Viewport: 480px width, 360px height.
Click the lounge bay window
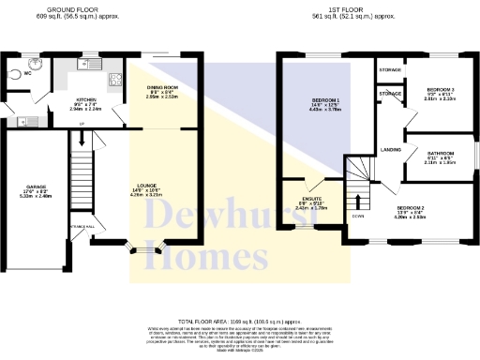(x=146, y=250)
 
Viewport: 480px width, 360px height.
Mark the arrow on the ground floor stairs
(x=82, y=141)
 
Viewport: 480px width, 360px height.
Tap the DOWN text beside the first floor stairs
(x=358, y=216)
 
